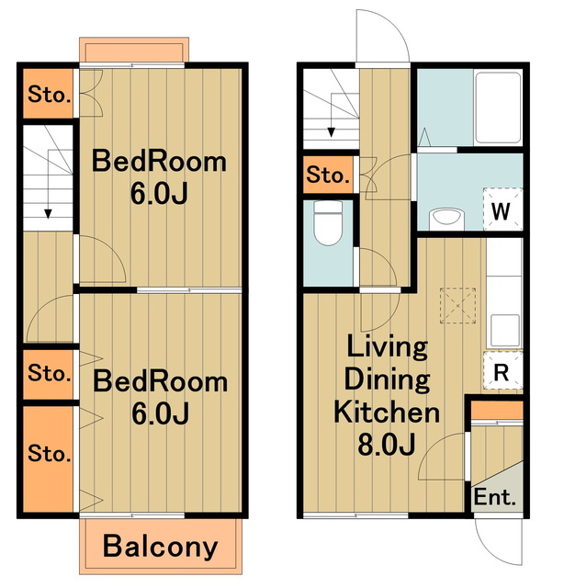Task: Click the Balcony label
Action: pos(160,548)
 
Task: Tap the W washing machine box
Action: pos(502,209)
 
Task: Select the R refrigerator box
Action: pos(502,370)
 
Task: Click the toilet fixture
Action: pos(328,223)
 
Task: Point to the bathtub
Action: pos(498,107)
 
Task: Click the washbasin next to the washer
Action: pos(446,219)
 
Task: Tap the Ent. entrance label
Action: pos(494,497)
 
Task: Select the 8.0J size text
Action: pos(386,444)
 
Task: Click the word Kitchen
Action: pos(387,412)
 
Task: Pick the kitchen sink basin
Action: pos(504,329)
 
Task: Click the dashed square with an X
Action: pos(457,305)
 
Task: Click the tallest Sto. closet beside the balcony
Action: pos(49,459)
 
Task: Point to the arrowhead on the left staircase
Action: pos(48,214)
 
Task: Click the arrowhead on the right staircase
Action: pos(331,132)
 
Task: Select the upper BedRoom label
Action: pos(159,162)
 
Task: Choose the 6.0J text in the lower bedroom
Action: pos(160,413)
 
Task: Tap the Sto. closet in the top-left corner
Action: pos(49,94)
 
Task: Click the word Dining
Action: pos(387,379)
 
